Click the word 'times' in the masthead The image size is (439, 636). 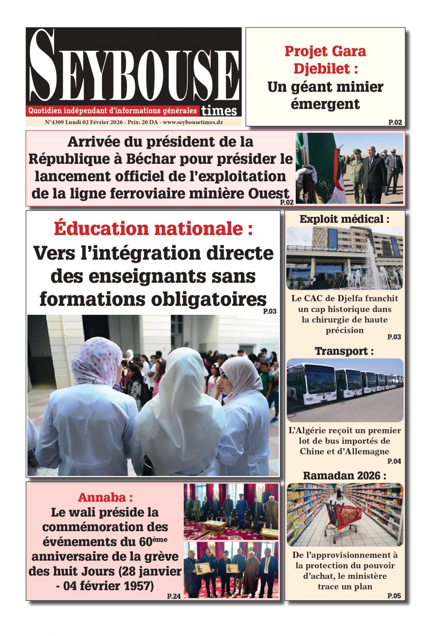[x=219, y=111]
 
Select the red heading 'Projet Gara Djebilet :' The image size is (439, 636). [x=325, y=59]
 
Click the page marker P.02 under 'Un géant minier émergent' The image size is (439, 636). [x=395, y=122]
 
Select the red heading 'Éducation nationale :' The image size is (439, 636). [x=153, y=228]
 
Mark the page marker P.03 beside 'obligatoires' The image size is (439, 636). [x=270, y=312]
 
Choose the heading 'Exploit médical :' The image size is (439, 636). [x=344, y=219]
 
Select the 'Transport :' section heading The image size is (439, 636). [x=344, y=351]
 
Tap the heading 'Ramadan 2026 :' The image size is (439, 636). [x=344, y=476]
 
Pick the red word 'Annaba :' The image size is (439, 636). [x=105, y=497]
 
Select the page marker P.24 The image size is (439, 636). [x=174, y=596]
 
